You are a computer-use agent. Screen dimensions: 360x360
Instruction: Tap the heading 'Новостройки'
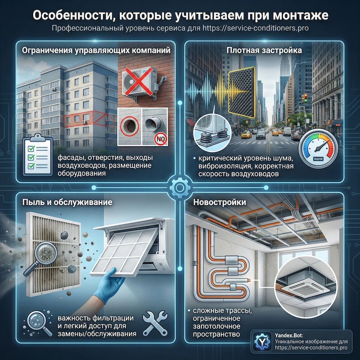[220, 202]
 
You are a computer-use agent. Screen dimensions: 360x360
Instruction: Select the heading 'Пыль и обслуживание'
[68, 202]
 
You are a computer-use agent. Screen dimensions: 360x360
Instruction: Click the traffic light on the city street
[305, 99]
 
